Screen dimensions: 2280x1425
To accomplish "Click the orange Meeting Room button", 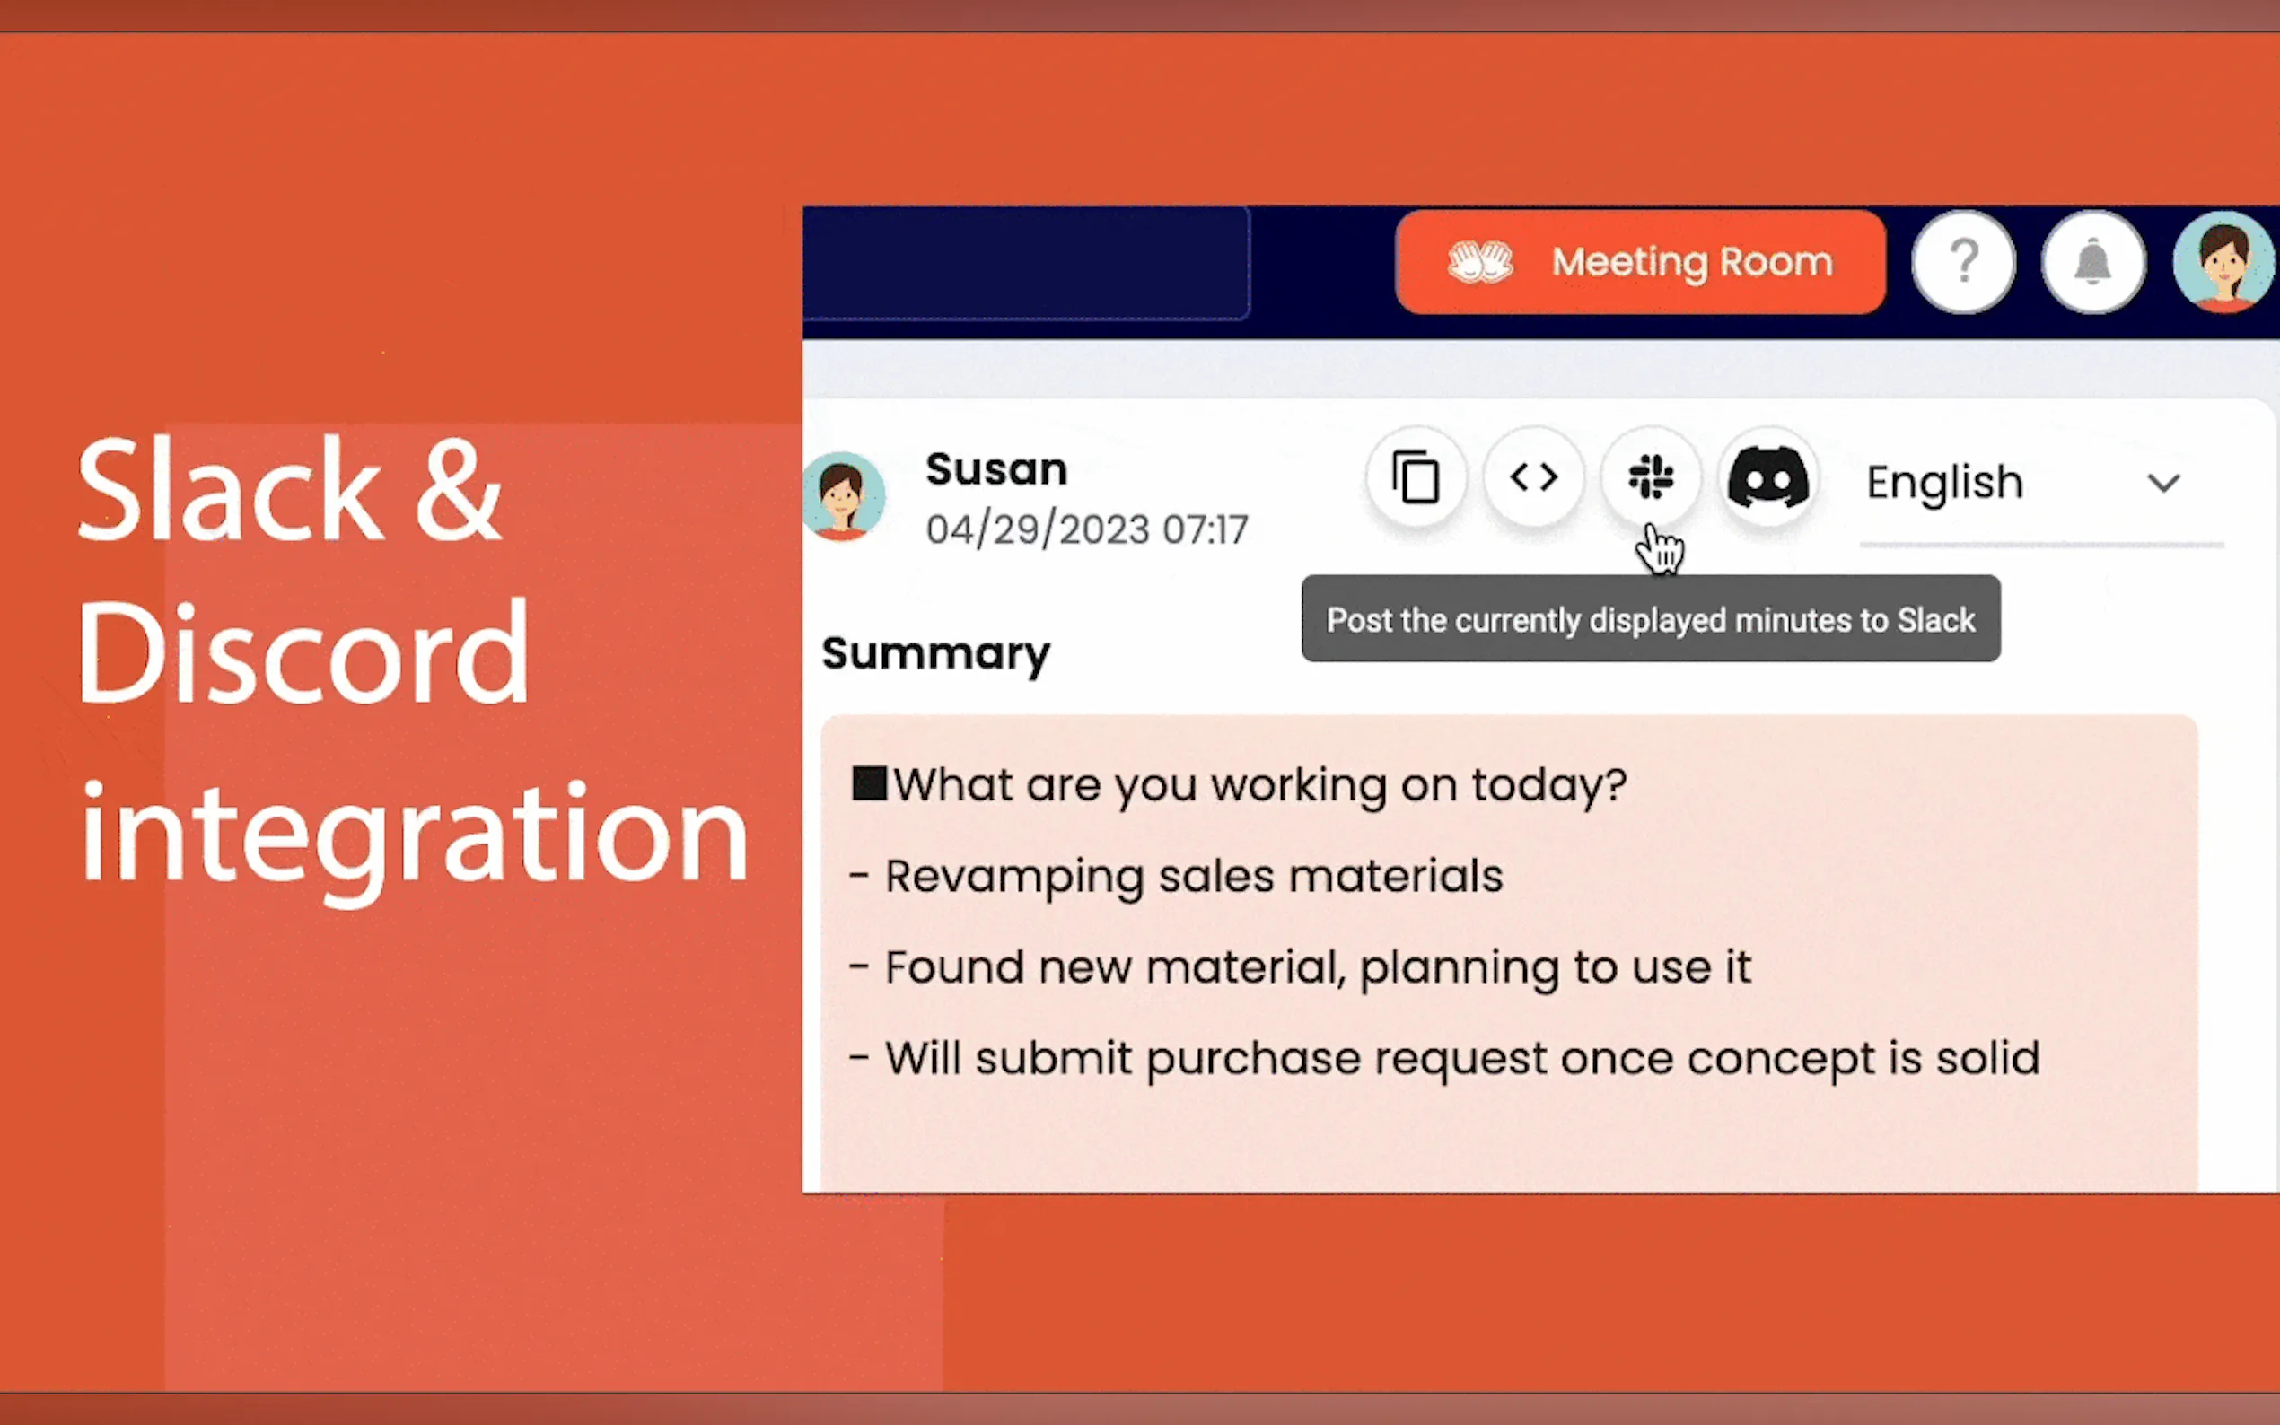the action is pos(1640,262).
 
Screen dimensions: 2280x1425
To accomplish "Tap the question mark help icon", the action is pos(1963,262).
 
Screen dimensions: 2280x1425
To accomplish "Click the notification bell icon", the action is pos(2093,262).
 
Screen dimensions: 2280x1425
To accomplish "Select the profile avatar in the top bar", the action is pos(2224,262).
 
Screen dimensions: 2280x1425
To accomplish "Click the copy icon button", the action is pos(1416,477).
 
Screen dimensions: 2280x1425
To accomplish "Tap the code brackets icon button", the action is pos(1533,477).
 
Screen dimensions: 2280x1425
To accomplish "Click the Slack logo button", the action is pos(1652,476).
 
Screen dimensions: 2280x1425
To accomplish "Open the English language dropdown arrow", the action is pos(2164,484).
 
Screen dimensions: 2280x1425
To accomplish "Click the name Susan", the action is pos(996,468).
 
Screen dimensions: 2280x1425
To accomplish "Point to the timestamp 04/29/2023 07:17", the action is pos(1087,529).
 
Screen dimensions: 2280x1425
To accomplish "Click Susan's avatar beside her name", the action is pos(844,496).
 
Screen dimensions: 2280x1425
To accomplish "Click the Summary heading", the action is pos(936,654).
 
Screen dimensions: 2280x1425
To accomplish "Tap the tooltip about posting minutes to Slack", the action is pos(1652,619).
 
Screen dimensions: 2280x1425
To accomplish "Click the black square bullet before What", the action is pos(869,783).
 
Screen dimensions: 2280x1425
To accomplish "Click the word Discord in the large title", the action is pos(303,653).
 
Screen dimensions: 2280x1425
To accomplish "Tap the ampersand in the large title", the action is pos(458,490).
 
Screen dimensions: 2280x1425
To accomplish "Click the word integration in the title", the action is pos(414,837).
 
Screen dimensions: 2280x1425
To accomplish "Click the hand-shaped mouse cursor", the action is pos(1660,548).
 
